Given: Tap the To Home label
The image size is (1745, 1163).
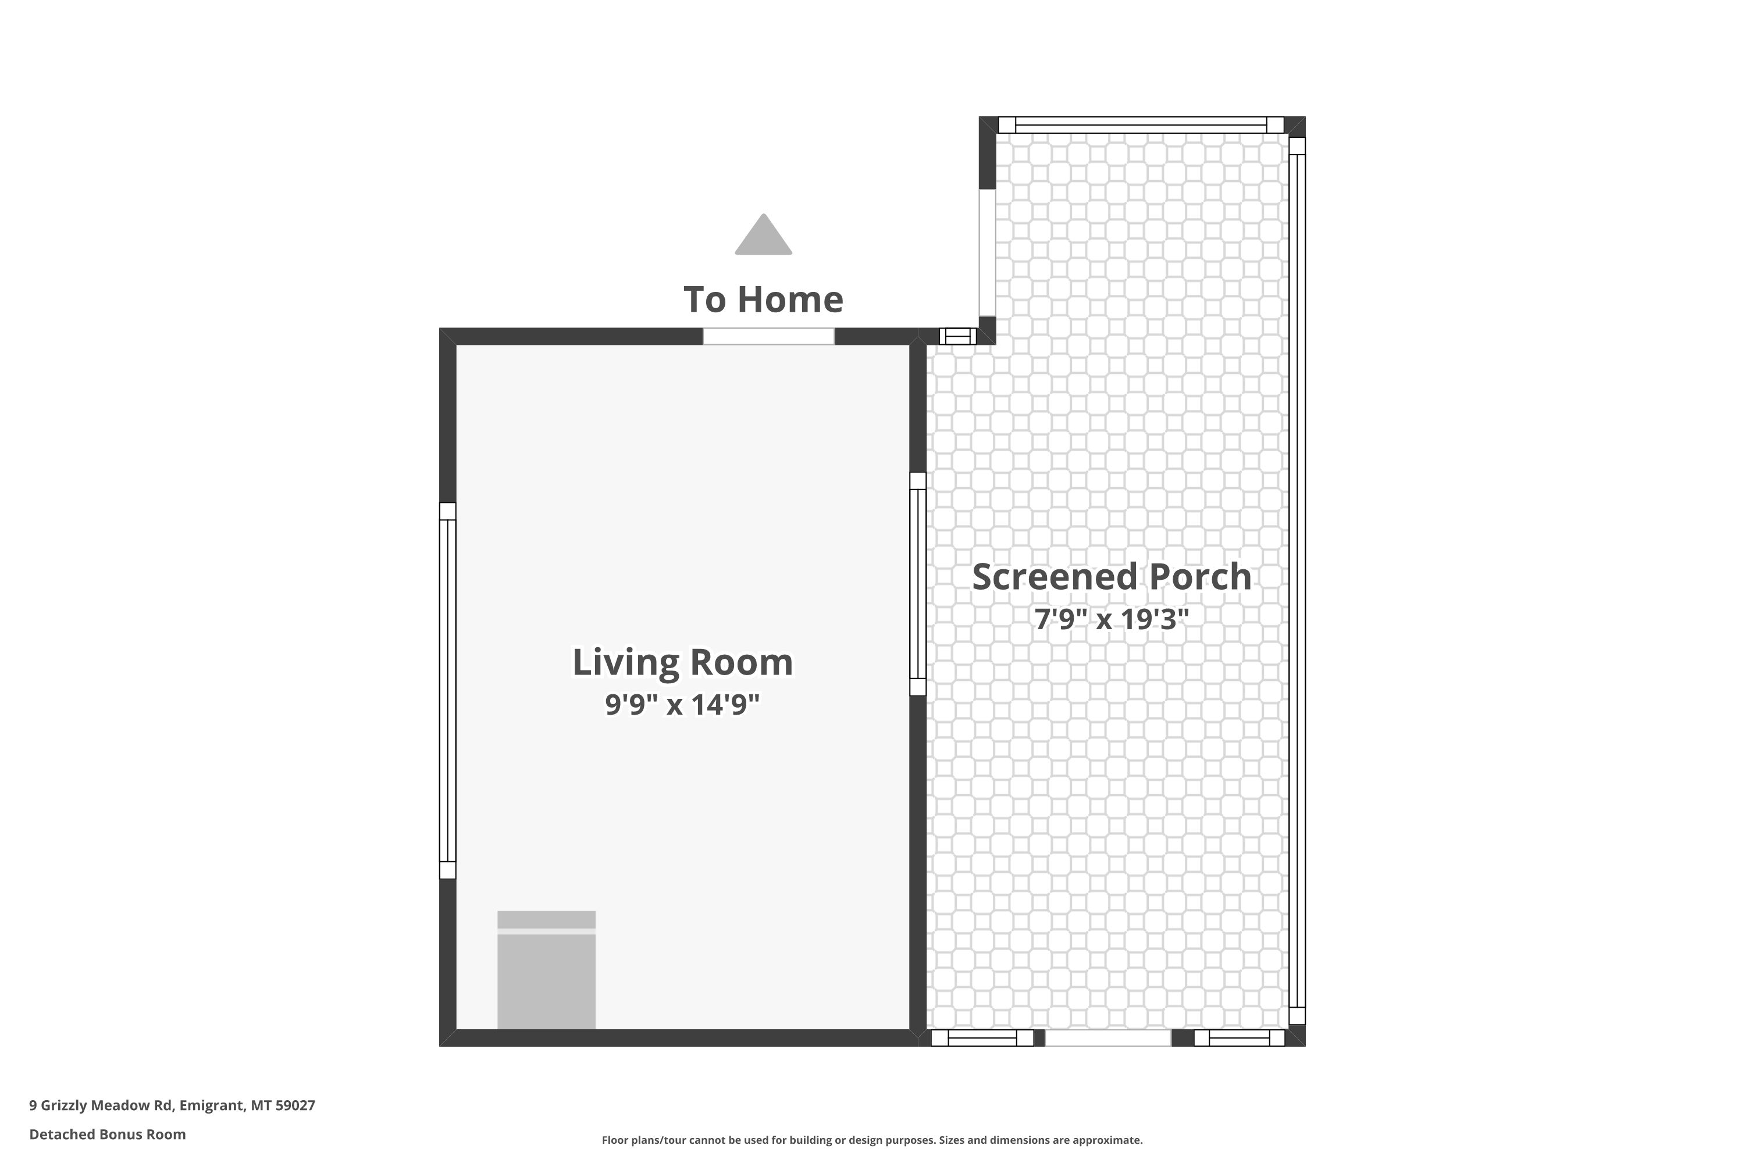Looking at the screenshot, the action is (x=763, y=299).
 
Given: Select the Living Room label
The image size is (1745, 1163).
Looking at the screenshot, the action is (x=682, y=662).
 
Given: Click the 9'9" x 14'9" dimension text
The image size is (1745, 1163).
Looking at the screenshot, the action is (x=682, y=704).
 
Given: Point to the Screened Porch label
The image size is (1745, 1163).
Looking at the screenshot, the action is (x=1112, y=576).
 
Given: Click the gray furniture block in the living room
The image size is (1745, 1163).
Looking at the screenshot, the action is (x=546, y=969).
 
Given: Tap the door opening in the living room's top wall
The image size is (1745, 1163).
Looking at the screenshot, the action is (x=768, y=336).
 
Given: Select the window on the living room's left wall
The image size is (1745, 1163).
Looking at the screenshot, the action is (x=447, y=691).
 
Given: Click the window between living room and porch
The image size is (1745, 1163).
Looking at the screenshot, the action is (x=918, y=584).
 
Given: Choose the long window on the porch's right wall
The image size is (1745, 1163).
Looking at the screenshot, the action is (x=1297, y=581).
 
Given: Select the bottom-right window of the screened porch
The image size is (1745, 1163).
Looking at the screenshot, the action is (x=1239, y=1037).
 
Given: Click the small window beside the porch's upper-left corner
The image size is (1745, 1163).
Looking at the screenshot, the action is (x=958, y=336).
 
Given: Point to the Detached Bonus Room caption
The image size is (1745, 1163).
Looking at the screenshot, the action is (x=108, y=1134).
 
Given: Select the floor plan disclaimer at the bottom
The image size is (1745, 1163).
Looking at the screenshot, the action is (x=872, y=1140).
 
